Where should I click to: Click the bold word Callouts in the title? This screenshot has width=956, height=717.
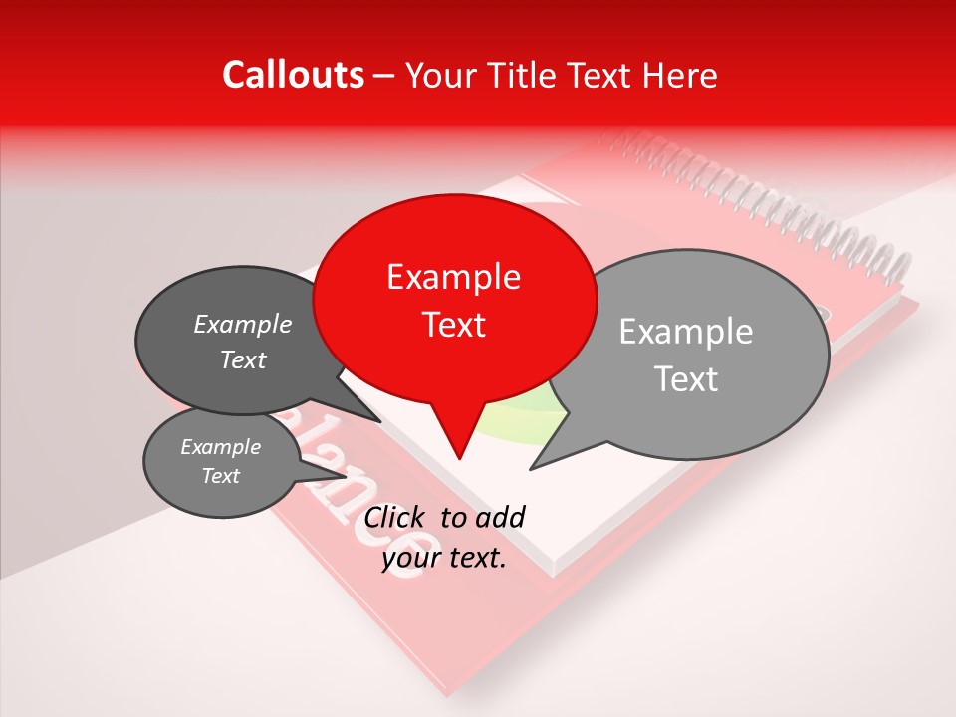pyautogui.click(x=293, y=75)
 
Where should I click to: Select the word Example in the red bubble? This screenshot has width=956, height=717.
pyautogui.click(x=453, y=277)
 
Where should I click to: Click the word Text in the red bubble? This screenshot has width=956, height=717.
pyautogui.click(x=453, y=325)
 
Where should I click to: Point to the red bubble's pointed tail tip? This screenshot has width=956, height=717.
pyautogui.click(x=459, y=459)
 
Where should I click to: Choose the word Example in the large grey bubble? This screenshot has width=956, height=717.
pyautogui.click(x=685, y=332)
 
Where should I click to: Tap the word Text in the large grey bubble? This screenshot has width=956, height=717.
pyautogui.click(x=686, y=378)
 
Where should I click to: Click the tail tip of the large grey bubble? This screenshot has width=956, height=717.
pyautogui.click(x=531, y=469)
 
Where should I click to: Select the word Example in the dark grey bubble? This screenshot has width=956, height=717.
pyautogui.click(x=242, y=324)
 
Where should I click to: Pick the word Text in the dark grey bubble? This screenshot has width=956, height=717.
pyautogui.click(x=242, y=359)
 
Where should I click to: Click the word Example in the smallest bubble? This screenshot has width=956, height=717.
pyautogui.click(x=220, y=447)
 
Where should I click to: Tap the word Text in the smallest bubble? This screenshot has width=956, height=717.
pyautogui.click(x=220, y=476)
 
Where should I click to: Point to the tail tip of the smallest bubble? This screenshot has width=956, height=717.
pyautogui.click(x=346, y=476)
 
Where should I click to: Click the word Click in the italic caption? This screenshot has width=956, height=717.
pyautogui.click(x=396, y=517)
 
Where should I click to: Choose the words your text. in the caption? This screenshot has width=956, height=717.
pyautogui.click(x=444, y=559)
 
